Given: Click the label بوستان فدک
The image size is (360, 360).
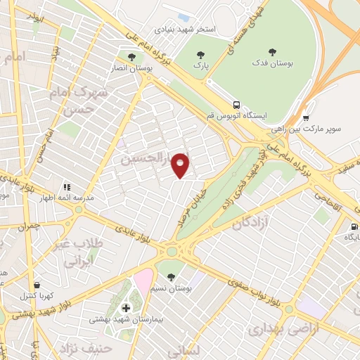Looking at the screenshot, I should tap(272, 65).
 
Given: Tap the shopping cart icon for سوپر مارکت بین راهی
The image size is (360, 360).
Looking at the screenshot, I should tap(306, 117).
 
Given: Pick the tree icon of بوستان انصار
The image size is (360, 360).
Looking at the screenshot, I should tap(131, 56).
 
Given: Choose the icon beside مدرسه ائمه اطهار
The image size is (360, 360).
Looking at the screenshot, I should tap(67, 187).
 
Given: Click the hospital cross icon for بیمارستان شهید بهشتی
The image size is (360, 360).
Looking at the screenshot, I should tap(127, 307).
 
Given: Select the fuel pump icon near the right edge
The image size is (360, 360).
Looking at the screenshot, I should tap(353, 226).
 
